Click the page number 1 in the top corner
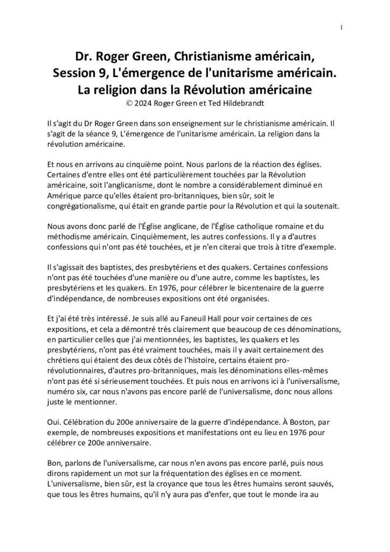coord(342,28)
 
